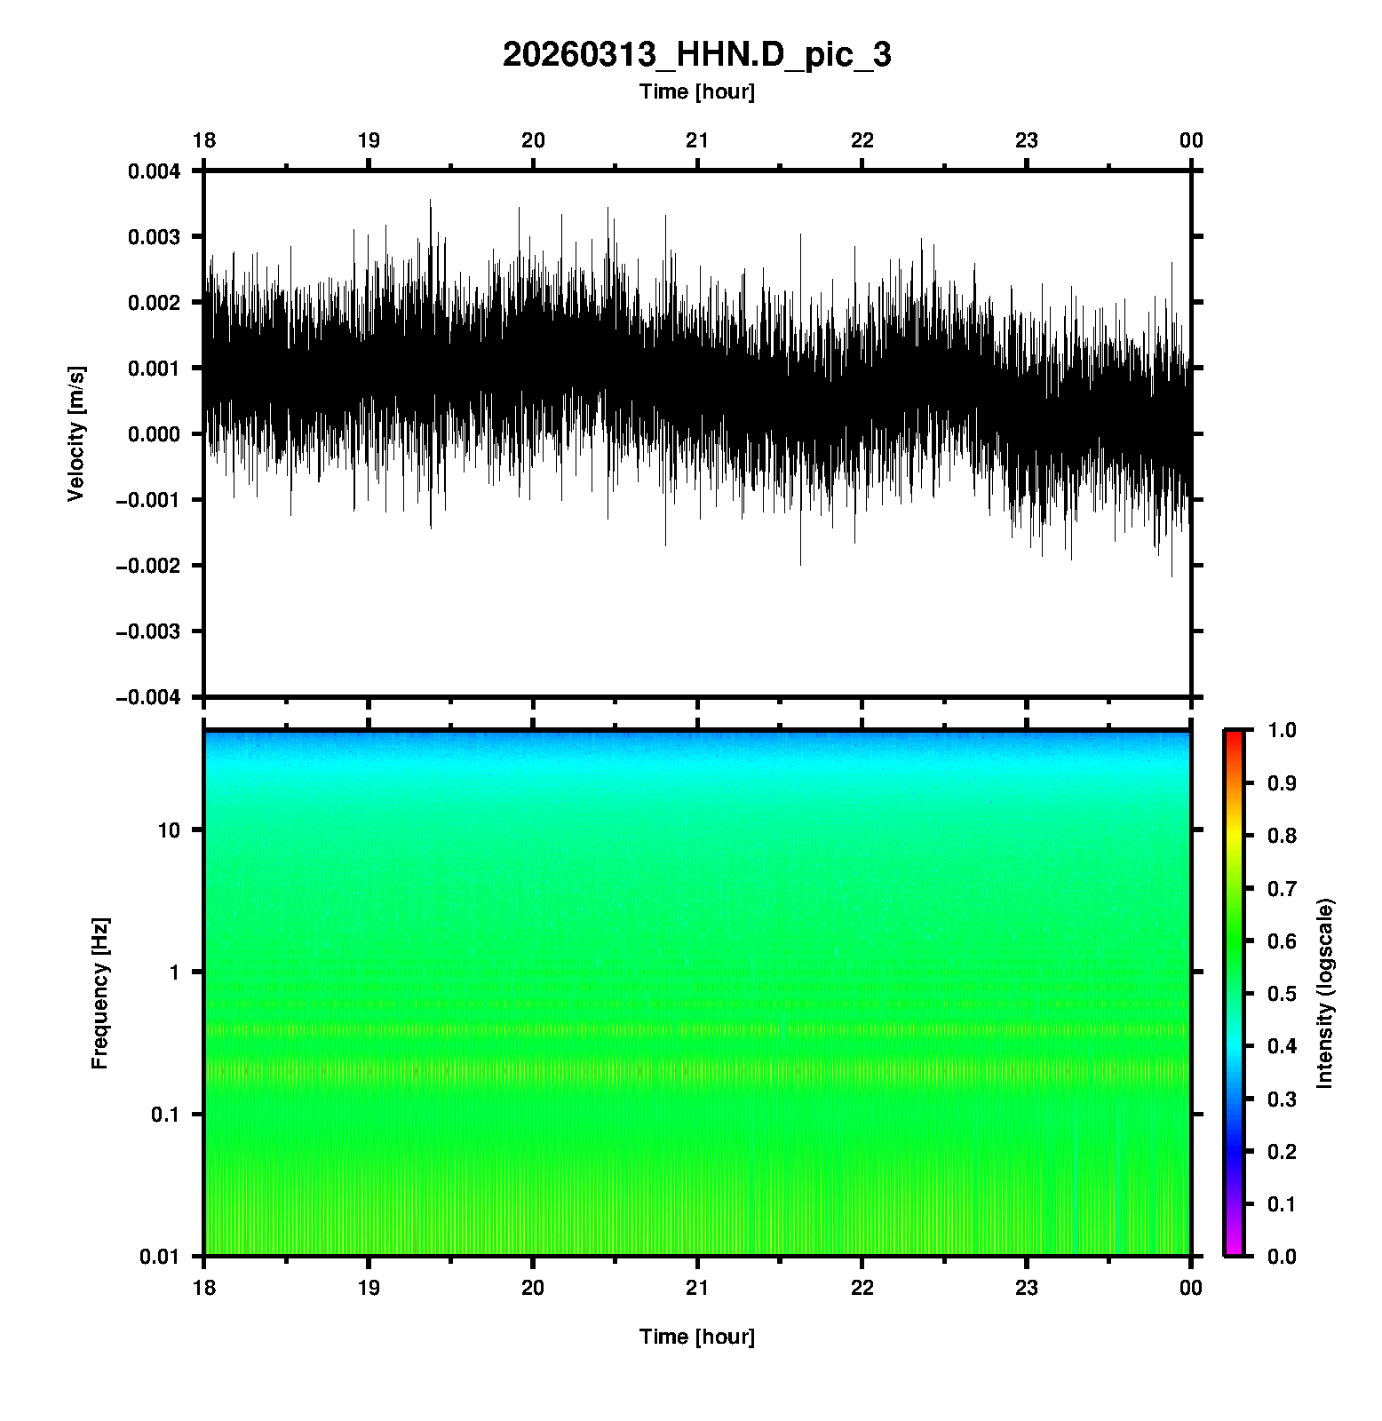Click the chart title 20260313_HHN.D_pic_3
click(696, 55)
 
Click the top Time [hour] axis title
click(696, 91)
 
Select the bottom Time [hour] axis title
click(696, 1337)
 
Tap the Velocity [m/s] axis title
click(76, 433)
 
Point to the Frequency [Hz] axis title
click(99, 993)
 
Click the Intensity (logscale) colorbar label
click(1325, 993)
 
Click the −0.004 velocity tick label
click(147, 697)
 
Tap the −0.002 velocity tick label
click(147, 566)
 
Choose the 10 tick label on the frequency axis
click(169, 830)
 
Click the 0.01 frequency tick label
click(160, 1256)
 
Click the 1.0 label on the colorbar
click(1283, 730)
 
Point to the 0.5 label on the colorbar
click(1283, 993)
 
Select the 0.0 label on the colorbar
click(1283, 1256)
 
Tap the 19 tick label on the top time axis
click(369, 140)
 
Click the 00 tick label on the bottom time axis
click(1191, 1288)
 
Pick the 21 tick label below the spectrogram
click(697, 1288)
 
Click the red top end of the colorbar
click(1234, 735)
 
